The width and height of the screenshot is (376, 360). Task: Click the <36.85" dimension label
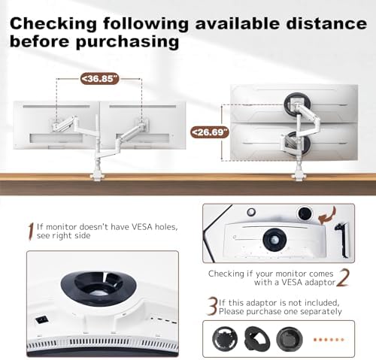(99, 79)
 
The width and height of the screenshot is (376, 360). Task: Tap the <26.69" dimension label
(210, 132)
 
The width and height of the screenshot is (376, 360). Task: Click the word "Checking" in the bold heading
(53, 24)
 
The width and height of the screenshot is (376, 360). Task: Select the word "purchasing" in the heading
(127, 41)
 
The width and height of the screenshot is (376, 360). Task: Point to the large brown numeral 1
(31, 231)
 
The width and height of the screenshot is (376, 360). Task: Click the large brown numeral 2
(343, 277)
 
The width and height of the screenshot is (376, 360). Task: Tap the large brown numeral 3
(212, 306)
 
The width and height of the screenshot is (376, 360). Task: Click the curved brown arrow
(327, 216)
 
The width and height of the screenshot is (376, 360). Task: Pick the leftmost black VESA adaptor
(225, 339)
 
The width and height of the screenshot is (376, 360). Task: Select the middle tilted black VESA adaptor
(257, 339)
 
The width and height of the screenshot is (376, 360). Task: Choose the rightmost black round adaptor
(290, 339)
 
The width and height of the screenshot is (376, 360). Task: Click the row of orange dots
(329, 340)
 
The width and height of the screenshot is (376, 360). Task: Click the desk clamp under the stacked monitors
(299, 176)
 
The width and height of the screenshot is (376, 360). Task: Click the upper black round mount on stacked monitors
(297, 103)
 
